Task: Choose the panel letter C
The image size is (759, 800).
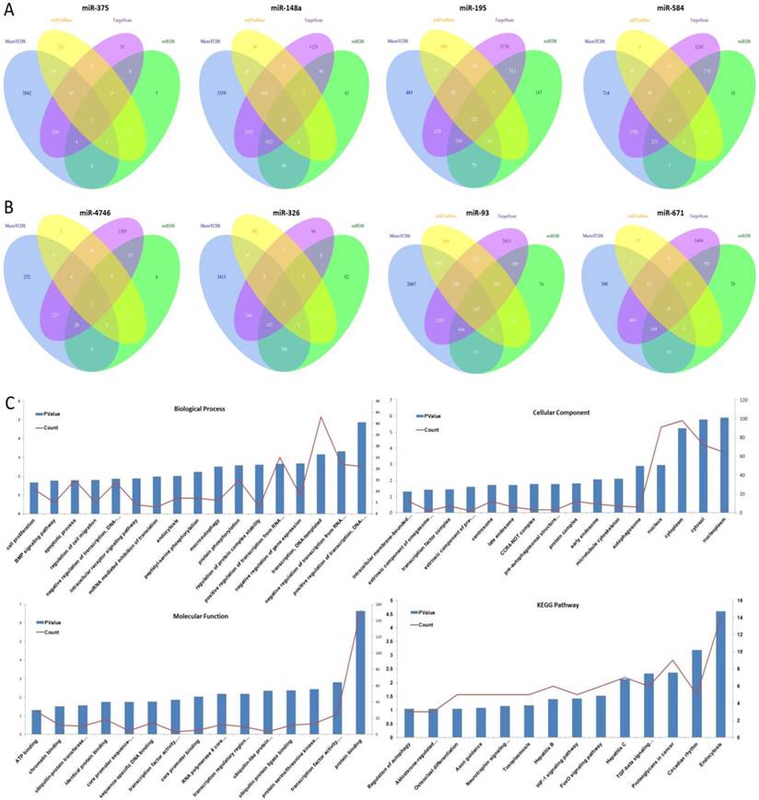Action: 9,402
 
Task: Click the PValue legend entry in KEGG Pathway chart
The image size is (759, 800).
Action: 426,611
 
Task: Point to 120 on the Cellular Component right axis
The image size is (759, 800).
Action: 741,401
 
